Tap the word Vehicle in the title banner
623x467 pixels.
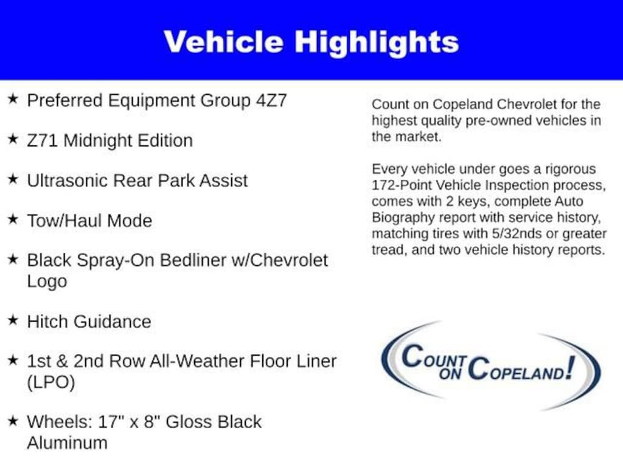point(224,42)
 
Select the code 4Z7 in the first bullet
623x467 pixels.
point(271,100)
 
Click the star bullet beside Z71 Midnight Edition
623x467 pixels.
point(13,139)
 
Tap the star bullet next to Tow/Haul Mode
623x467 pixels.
point(13,219)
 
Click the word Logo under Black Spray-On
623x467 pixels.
point(47,282)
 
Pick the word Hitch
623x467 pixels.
point(47,321)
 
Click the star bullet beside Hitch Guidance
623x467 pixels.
point(13,320)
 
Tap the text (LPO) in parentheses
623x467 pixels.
point(51,382)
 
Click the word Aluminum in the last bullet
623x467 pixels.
point(67,443)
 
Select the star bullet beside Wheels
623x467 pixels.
point(13,420)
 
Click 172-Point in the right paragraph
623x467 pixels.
point(402,185)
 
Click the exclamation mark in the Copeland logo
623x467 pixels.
point(570,367)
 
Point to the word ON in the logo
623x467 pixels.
point(450,373)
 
